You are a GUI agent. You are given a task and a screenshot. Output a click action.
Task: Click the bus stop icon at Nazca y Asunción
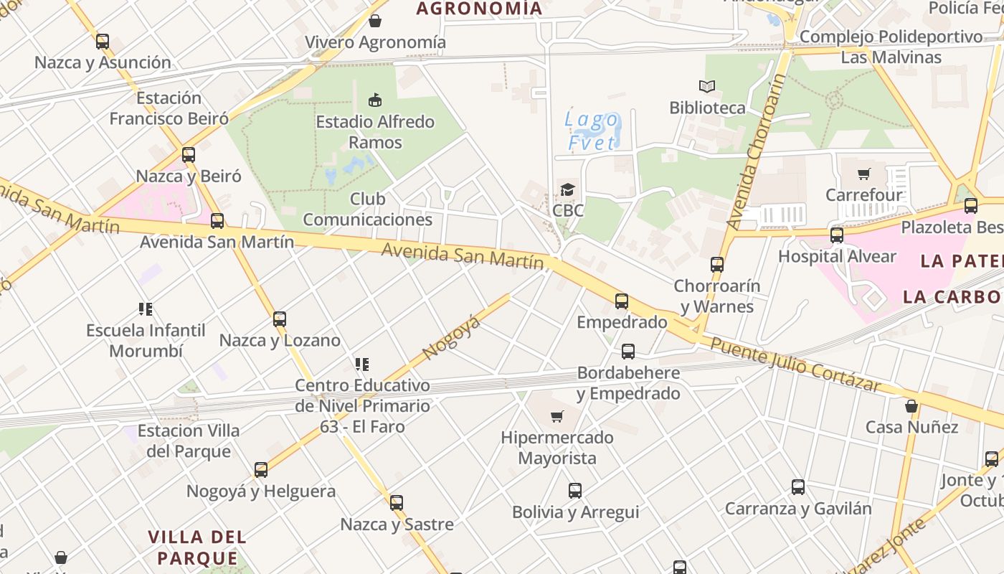[x=103, y=42]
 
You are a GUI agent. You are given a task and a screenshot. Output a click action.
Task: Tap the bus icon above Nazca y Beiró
[x=189, y=154]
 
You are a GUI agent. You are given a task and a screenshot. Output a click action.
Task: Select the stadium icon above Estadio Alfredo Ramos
[x=374, y=100]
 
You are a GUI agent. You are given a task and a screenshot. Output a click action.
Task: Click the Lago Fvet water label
[x=592, y=131]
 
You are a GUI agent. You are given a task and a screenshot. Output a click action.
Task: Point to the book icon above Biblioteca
[x=707, y=87]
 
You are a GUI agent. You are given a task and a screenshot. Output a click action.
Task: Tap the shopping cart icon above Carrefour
[x=864, y=174]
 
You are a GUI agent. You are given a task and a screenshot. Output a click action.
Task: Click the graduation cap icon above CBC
[x=568, y=189]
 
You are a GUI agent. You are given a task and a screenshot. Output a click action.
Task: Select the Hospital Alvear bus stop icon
[x=837, y=235]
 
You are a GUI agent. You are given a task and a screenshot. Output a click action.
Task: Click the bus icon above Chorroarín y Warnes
[x=717, y=264]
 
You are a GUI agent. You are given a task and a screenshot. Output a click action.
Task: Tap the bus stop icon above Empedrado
[x=622, y=301]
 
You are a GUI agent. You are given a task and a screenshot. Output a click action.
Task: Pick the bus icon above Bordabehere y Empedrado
[x=628, y=352]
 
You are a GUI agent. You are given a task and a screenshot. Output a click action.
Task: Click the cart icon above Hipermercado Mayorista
[x=557, y=416]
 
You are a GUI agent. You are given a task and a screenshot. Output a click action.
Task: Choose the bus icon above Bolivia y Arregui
[x=575, y=491]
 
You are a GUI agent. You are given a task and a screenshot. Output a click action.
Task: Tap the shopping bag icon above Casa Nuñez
[x=911, y=406]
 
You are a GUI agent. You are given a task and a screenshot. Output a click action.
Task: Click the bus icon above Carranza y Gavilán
[x=798, y=487]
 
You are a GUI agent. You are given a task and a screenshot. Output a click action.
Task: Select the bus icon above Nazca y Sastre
[x=397, y=503]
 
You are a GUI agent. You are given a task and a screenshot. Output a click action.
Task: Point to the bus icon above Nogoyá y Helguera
[x=261, y=470]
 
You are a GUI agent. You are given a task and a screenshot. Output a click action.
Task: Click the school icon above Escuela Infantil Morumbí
[x=146, y=309]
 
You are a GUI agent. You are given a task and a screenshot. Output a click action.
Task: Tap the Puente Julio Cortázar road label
[x=795, y=365]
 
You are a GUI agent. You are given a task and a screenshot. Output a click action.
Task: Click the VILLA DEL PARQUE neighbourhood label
[x=197, y=547]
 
